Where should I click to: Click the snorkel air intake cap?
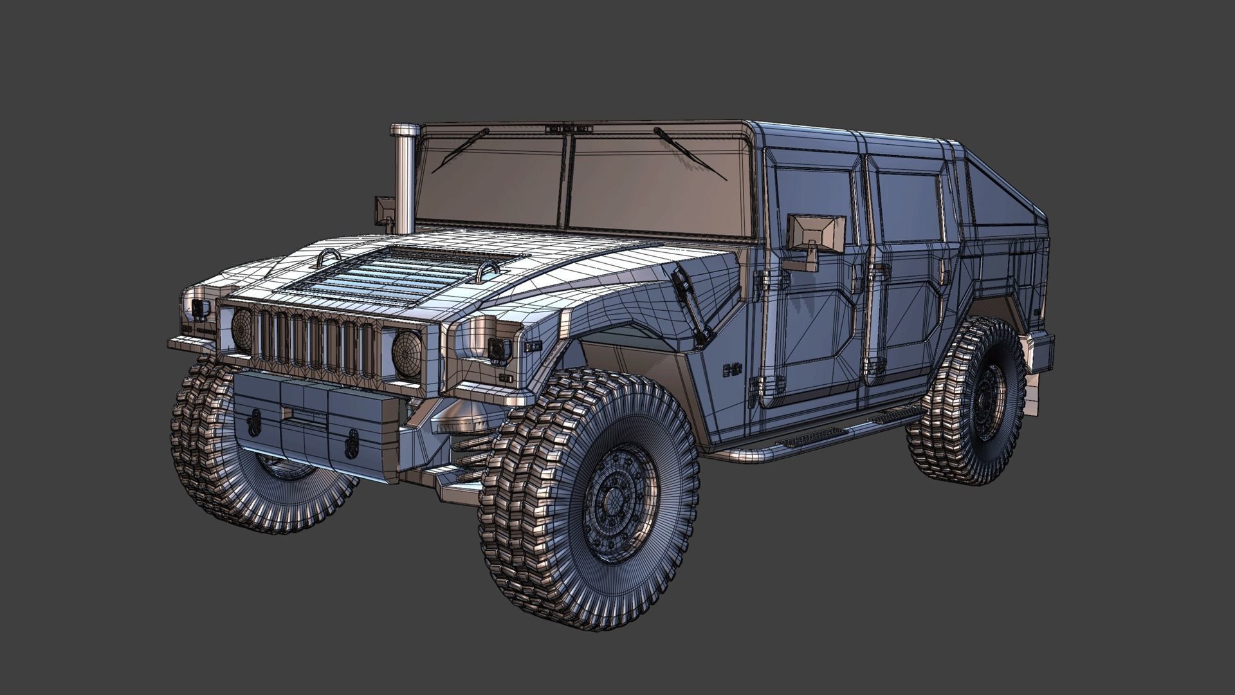point(405,131)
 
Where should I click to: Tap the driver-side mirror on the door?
point(815,232)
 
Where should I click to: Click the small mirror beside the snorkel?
point(385,210)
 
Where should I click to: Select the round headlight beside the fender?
point(407,355)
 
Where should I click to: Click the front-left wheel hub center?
point(614,501)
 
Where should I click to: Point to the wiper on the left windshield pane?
point(461,151)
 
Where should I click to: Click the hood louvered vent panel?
point(399,273)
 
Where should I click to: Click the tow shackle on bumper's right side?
point(352,444)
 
